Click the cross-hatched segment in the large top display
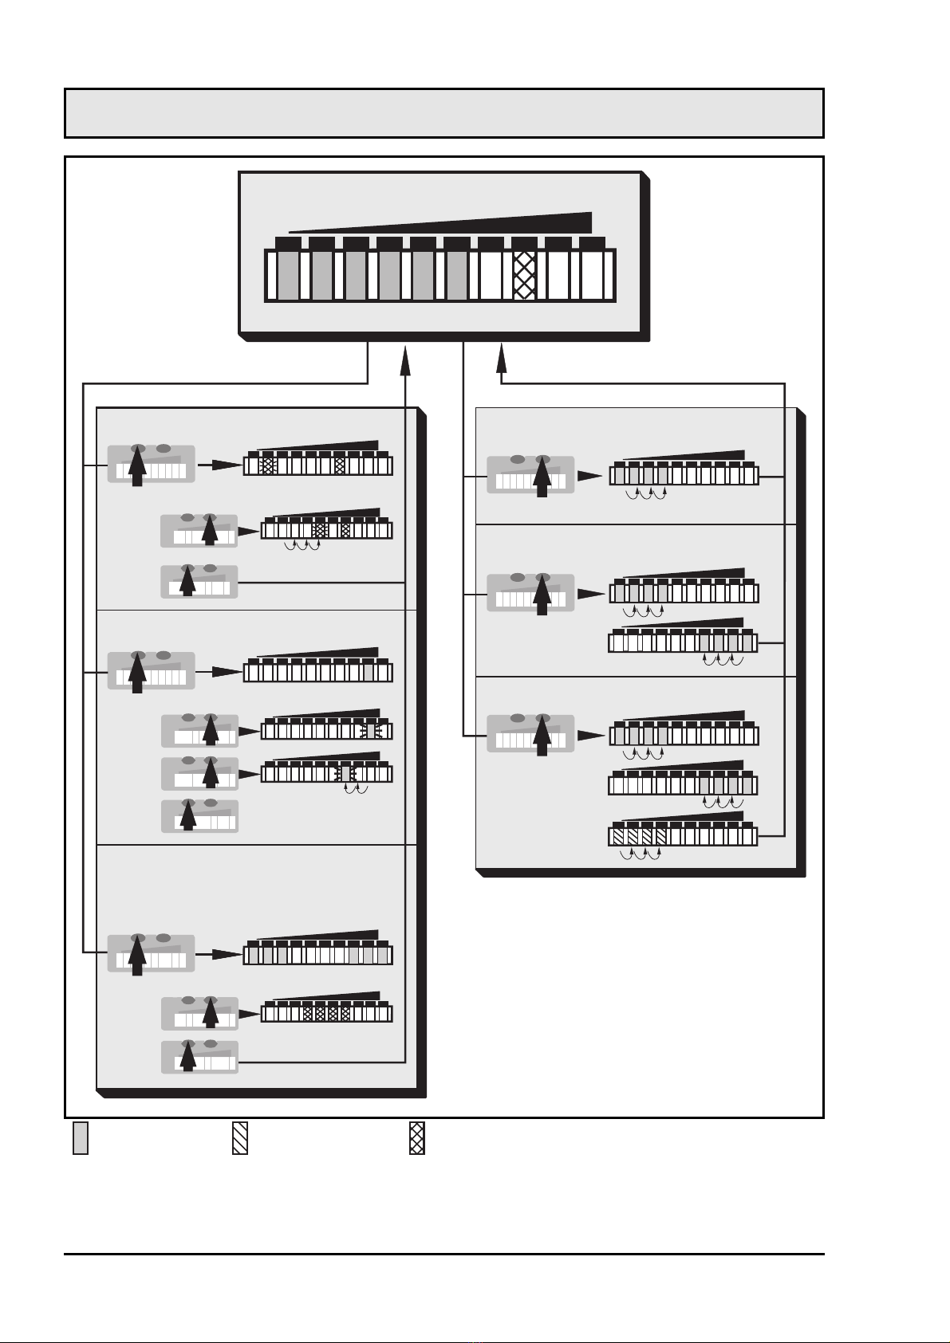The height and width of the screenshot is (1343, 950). point(524,275)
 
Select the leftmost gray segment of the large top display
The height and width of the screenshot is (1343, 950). point(287,275)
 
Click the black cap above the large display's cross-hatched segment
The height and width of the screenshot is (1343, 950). point(524,242)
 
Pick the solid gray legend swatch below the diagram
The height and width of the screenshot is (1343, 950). point(81,1138)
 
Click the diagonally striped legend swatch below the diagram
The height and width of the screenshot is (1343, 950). point(240,1138)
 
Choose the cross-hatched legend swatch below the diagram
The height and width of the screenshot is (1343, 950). point(417,1138)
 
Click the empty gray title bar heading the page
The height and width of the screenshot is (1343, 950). point(443,113)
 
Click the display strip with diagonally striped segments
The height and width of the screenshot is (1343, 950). point(683,836)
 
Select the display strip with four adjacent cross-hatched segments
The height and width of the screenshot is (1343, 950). point(327,1013)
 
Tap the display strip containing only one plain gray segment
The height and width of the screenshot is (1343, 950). point(317,672)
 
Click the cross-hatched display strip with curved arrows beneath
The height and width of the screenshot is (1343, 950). point(327,529)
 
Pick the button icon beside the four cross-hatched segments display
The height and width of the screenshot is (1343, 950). point(199,1013)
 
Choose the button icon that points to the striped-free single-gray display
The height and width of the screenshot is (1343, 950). point(151,671)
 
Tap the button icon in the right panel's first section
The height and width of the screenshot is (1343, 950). point(530,475)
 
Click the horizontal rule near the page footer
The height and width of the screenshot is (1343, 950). point(443,1254)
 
